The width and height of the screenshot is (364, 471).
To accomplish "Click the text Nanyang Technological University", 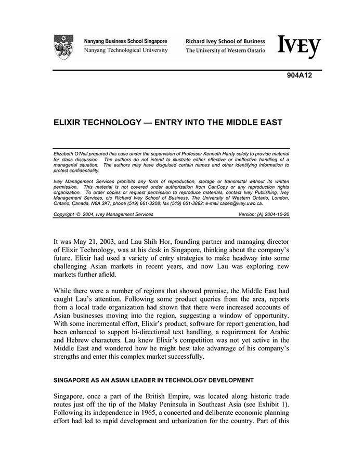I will pyautogui.click(x=126, y=50).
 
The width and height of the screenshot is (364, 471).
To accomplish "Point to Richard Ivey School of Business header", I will pyautogui.click(x=225, y=41).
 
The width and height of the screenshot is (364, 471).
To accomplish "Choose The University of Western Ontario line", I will pyautogui.click(x=225, y=50).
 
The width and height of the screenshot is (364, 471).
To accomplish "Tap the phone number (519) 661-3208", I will pyautogui.click(x=151, y=204).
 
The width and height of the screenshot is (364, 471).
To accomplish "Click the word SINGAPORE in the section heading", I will pyautogui.click(x=73, y=380).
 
